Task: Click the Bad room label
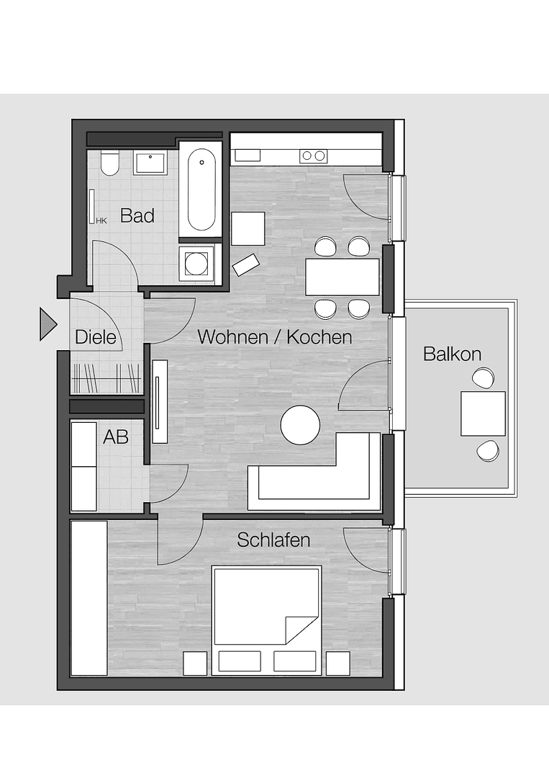click(x=137, y=215)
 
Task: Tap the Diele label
click(x=96, y=336)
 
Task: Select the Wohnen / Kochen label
click(x=275, y=336)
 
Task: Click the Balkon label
click(x=452, y=354)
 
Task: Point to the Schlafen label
click(x=273, y=540)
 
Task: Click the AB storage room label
click(x=116, y=436)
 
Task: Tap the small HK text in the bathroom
click(x=101, y=220)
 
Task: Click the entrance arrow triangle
click(x=47, y=323)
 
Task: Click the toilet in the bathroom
click(x=109, y=164)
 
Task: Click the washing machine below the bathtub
click(x=197, y=261)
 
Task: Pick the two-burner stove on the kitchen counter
click(x=313, y=155)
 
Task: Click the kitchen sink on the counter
click(x=248, y=155)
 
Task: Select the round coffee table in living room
click(x=300, y=425)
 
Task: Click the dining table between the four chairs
click(x=342, y=277)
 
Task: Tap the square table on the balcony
click(x=483, y=413)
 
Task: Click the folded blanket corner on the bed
click(x=301, y=630)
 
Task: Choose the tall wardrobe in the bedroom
click(x=89, y=598)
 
